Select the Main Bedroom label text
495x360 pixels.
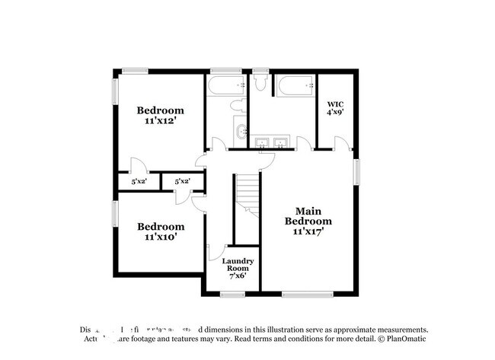click(308, 221)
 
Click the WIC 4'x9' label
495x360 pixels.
click(337, 107)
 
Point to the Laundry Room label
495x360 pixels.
click(237, 269)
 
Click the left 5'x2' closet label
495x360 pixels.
click(139, 182)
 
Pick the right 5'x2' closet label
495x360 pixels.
click(182, 182)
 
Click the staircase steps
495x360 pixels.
click(247, 194)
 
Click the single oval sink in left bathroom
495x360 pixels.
click(242, 132)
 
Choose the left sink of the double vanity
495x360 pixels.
click(263, 142)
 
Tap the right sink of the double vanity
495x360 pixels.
click(281, 142)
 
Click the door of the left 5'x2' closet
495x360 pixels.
click(134, 166)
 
